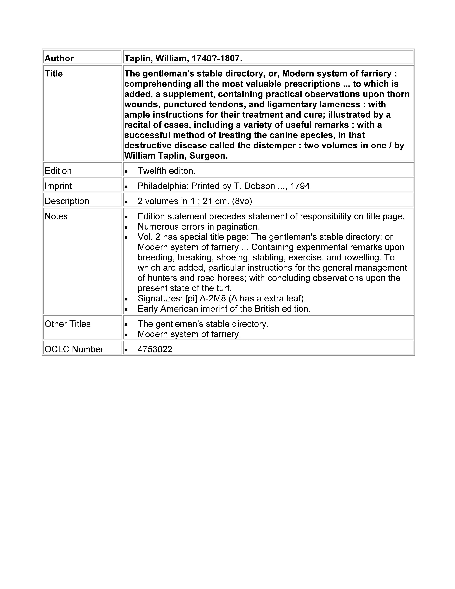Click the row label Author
click(x=59, y=58)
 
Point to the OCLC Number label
click(x=74, y=349)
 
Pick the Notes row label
click(x=56, y=216)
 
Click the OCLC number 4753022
click(x=155, y=349)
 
